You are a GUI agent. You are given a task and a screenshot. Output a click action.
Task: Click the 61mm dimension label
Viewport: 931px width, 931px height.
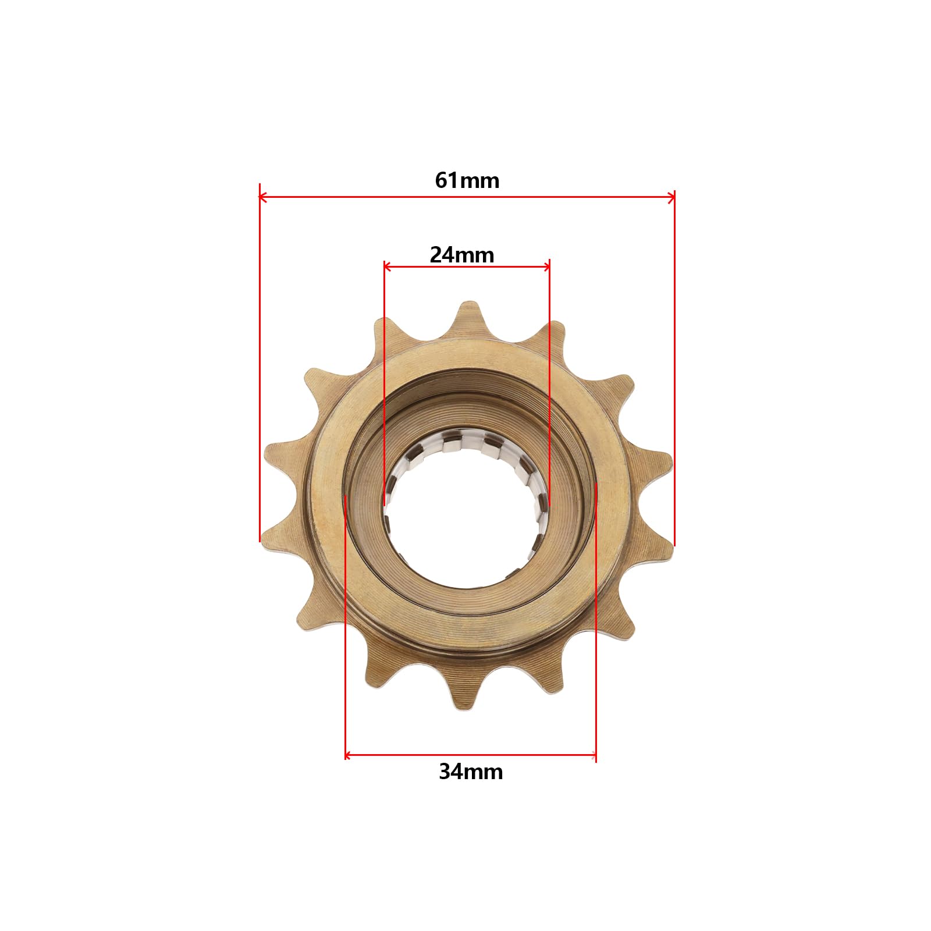[467, 181]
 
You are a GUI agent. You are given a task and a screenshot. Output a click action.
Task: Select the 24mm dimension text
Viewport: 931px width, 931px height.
[462, 255]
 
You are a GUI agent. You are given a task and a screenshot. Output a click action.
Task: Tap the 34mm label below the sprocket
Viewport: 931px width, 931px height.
[471, 772]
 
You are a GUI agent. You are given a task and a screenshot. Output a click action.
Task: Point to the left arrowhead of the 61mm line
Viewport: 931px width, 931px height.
[263, 198]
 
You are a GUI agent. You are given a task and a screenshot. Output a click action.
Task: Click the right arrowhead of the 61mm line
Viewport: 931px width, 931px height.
[671, 198]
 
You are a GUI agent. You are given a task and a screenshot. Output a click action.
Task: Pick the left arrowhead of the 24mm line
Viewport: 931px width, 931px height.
[388, 267]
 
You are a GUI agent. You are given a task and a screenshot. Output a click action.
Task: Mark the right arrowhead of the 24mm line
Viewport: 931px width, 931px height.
[546, 267]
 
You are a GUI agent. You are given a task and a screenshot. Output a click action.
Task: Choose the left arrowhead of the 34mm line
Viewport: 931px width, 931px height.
[349, 756]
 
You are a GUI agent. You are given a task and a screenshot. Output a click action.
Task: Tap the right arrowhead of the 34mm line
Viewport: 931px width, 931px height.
[592, 756]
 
